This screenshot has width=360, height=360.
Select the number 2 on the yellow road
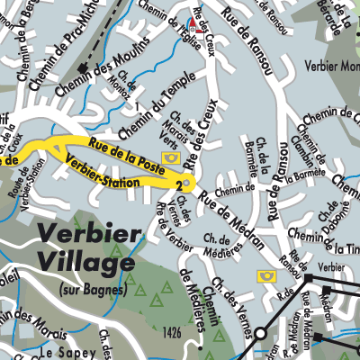(x=180, y=184)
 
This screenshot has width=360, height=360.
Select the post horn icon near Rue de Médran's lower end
(x=266, y=275)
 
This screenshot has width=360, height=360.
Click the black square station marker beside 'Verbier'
(x=307, y=267)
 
